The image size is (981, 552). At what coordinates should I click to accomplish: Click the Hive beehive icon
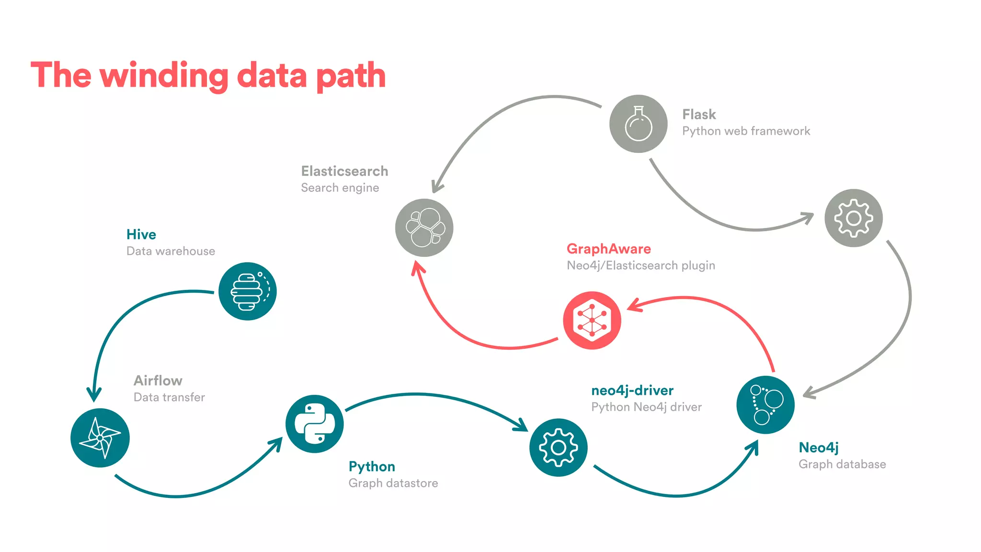pos(248,291)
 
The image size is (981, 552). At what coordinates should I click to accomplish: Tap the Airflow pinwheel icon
pos(100,437)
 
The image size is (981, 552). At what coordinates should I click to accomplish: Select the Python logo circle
pos(314,424)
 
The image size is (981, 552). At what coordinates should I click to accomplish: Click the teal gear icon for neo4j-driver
pos(558,448)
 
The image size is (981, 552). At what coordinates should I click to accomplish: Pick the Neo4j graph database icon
pos(765,405)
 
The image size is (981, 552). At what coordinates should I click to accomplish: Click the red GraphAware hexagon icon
pos(592,320)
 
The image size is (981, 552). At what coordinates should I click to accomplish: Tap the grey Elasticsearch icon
pos(424,228)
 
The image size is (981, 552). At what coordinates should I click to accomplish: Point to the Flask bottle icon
pos(639,124)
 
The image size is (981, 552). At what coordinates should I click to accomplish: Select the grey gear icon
pos(853,218)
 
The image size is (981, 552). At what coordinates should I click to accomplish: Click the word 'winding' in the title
pos(164,76)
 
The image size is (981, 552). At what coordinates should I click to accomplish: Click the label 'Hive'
pos(141,234)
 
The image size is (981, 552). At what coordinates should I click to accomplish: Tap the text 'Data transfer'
pos(169,397)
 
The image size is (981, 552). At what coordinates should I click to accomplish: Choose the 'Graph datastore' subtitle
pos(393,483)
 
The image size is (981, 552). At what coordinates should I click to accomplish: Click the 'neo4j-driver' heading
pos(632,391)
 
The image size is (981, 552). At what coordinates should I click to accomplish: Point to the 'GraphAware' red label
pos(608,249)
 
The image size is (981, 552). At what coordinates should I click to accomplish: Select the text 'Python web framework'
pos(746,131)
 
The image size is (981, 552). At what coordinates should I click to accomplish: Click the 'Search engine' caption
pos(340,188)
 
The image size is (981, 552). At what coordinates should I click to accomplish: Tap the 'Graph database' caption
pos(842,464)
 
